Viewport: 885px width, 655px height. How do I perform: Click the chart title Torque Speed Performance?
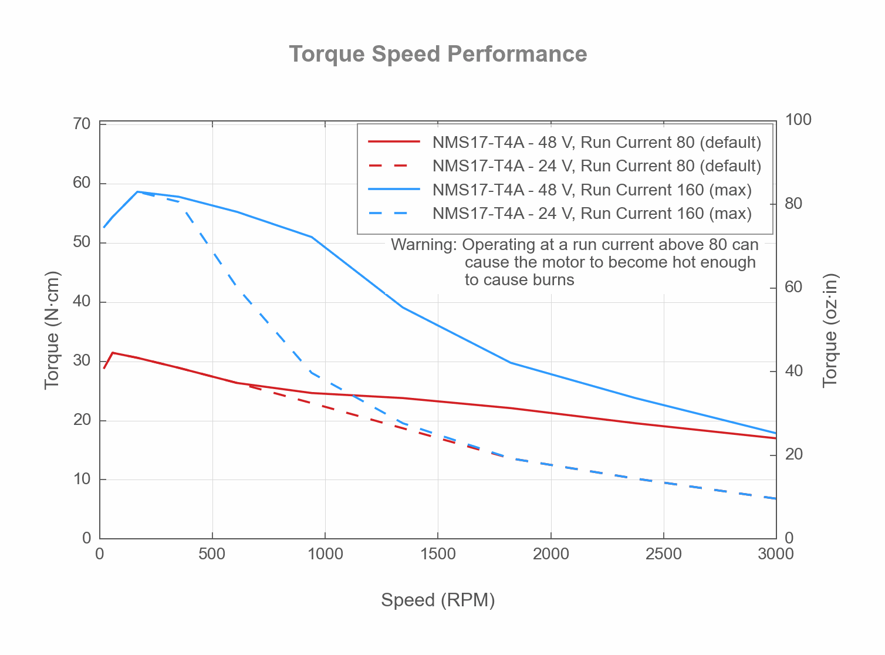point(438,54)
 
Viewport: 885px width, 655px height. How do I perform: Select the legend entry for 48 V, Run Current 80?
point(596,143)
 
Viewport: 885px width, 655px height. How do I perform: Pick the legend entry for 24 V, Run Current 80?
point(596,166)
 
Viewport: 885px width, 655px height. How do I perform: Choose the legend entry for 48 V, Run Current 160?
point(592,190)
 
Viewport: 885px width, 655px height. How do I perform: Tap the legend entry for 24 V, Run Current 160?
point(592,214)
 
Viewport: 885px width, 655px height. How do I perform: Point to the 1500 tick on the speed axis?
point(438,554)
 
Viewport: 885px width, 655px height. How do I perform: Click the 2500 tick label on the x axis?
point(663,554)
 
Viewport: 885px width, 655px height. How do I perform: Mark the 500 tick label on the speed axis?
point(212,554)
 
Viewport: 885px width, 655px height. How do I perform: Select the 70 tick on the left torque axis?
point(82,124)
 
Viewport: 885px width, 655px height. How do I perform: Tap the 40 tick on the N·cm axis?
point(82,302)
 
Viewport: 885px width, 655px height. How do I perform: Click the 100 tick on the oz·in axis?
point(798,120)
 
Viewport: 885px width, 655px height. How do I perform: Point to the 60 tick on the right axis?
point(793,287)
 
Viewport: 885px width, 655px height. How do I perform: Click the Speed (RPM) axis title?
point(438,600)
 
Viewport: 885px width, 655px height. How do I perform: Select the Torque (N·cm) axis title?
point(52,330)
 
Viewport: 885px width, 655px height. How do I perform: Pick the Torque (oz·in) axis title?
point(829,330)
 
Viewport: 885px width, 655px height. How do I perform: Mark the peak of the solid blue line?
point(137,192)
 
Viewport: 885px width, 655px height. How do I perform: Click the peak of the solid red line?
point(112,353)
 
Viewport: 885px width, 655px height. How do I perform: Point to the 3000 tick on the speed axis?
point(775,554)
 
